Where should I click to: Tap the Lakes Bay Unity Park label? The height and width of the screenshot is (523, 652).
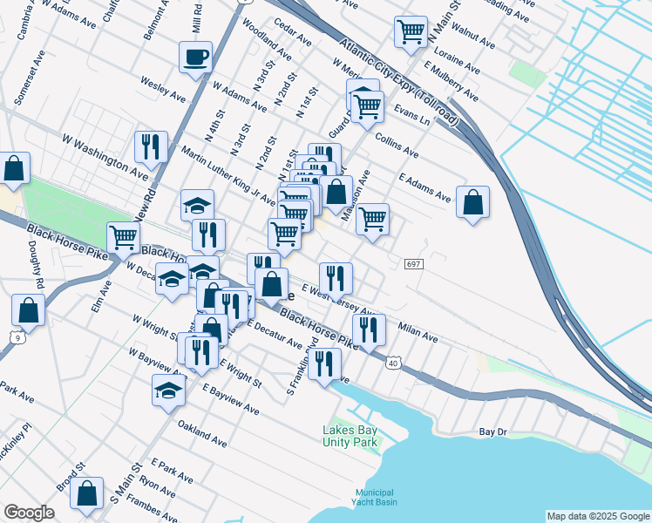[350, 436]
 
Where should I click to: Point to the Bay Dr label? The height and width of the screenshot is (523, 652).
[492, 431]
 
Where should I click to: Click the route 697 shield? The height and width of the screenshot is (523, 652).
[414, 263]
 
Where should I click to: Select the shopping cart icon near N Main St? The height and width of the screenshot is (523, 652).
[411, 32]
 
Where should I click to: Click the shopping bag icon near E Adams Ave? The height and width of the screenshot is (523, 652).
[472, 202]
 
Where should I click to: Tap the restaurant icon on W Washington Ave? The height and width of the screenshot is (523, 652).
[152, 147]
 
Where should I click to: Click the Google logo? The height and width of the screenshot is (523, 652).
[29, 513]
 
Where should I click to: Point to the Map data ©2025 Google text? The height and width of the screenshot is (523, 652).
[598, 516]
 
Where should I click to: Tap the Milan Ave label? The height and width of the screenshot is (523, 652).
[418, 330]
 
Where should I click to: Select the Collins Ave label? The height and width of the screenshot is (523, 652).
[397, 145]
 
